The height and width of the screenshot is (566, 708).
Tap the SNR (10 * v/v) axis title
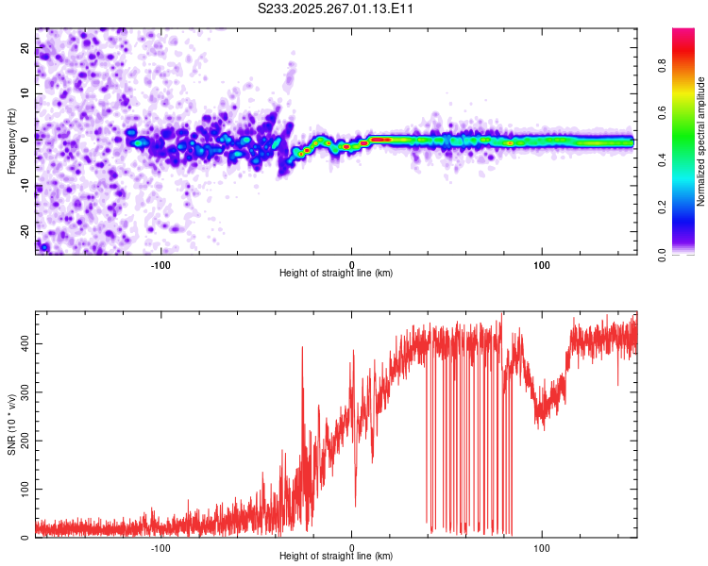(x=10, y=424)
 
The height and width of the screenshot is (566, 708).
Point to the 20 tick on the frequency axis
(x=25, y=50)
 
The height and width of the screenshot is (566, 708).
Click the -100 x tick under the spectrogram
(x=160, y=263)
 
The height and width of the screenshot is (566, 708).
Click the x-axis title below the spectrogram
(x=336, y=273)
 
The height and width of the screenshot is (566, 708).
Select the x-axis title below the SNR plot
(x=336, y=556)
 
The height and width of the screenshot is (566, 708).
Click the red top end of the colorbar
(x=683, y=34)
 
